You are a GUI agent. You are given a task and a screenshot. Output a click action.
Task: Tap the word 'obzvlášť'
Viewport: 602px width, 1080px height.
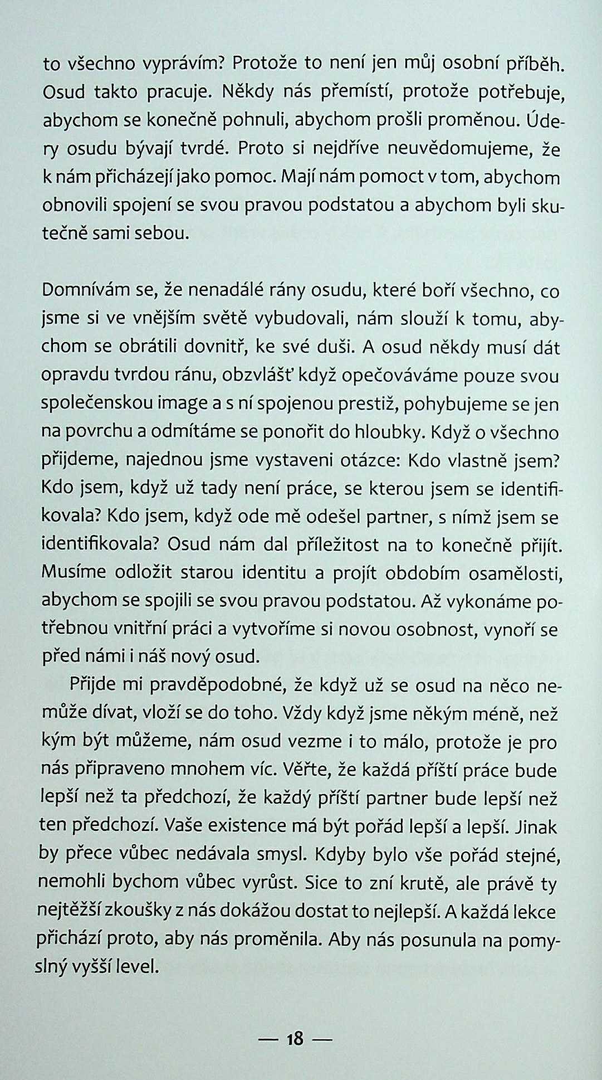pos(258,376)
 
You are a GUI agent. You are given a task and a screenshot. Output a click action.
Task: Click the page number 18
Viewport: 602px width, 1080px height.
pos(294,1038)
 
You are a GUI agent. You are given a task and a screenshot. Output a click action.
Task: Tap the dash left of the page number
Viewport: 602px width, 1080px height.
pos(269,1039)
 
